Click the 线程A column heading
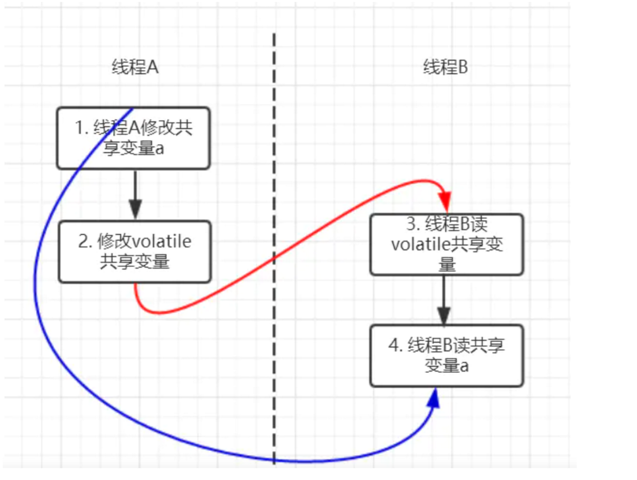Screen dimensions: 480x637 pos(135,67)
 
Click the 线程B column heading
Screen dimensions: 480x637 pos(445,67)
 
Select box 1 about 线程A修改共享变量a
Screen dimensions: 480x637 pos(133,138)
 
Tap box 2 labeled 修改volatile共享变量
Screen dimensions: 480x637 pos(135,252)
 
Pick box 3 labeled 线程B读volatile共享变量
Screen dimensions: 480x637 pos(447,244)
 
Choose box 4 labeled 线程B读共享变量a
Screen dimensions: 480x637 pos(447,355)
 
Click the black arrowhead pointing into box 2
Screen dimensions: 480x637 pos(135,208)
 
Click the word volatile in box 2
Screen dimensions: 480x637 pos(161,242)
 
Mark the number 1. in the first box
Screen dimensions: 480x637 pos(82,128)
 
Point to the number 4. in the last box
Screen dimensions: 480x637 pos(395,345)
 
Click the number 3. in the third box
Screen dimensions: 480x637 pos(413,224)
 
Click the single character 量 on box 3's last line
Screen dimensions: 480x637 pos(447,264)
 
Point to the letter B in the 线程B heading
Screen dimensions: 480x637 pos(463,67)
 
